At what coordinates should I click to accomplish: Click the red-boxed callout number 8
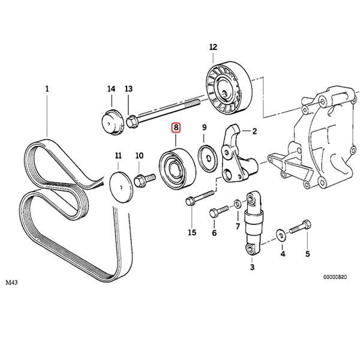coord(176,128)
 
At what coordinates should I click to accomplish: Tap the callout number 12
coord(213,47)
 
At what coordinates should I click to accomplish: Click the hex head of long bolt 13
coord(132,121)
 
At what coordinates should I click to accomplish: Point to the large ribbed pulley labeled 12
coord(229,88)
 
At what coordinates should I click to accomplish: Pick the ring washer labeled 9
coord(208,158)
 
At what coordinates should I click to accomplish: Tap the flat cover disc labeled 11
coord(121,187)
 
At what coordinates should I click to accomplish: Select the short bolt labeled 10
coord(144,180)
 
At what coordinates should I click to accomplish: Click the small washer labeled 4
coord(281,235)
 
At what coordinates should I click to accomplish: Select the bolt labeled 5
coord(300,226)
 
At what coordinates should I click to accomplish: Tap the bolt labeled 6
coord(219,211)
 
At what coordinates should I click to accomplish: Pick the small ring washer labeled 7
coord(238,203)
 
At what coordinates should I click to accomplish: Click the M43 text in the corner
coord(11,282)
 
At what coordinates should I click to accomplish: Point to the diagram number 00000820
coord(335,277)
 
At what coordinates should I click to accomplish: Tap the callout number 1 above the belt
coord(47,89)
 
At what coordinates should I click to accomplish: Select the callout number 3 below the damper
coord(252,267)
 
